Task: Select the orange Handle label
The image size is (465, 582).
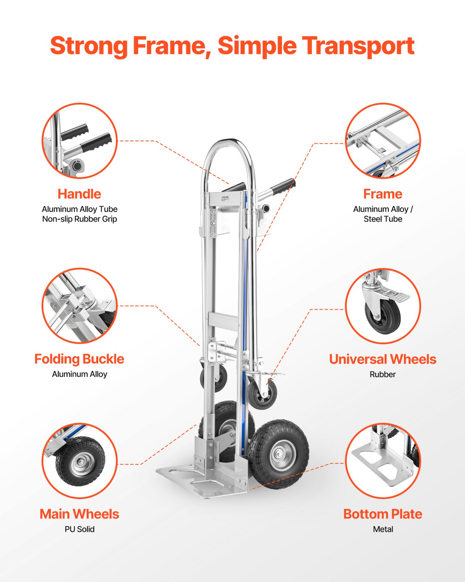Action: pyautogui.click(x=79, y=194)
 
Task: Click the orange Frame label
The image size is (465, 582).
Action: pyautogui.click(x=383, y=194)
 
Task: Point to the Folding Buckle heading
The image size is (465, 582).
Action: pyautogui.click(x=79, y=359)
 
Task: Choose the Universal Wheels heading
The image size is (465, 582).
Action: pyautogui.click(x=383, y=359)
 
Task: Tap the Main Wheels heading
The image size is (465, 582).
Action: pyautogui.click(x=79, y=514)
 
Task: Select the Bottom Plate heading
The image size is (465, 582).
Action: pyautogui.click(x=383, y=514)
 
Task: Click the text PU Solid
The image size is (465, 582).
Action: pyautogui.click(x=79, y=529)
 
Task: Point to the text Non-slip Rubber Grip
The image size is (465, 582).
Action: pyautogui.click(x=79, y=219)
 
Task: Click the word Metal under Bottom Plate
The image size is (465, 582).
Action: pyautogui.click(x=383, y=529)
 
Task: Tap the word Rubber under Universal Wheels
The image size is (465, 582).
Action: pyautogui.click(x=383, y=374)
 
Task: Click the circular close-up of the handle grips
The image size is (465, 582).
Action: pyautogui.click(x=79, y=141)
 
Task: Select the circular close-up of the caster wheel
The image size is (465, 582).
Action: pyautogui.click(x=383, y=306)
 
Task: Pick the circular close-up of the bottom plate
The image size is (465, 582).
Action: pyautogui.click(x=383, y=461)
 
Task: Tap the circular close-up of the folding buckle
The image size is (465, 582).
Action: pyautogui.click(x=79, y=306)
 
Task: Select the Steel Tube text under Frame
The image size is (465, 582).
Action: pyautogui.click(x=383, y=219)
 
